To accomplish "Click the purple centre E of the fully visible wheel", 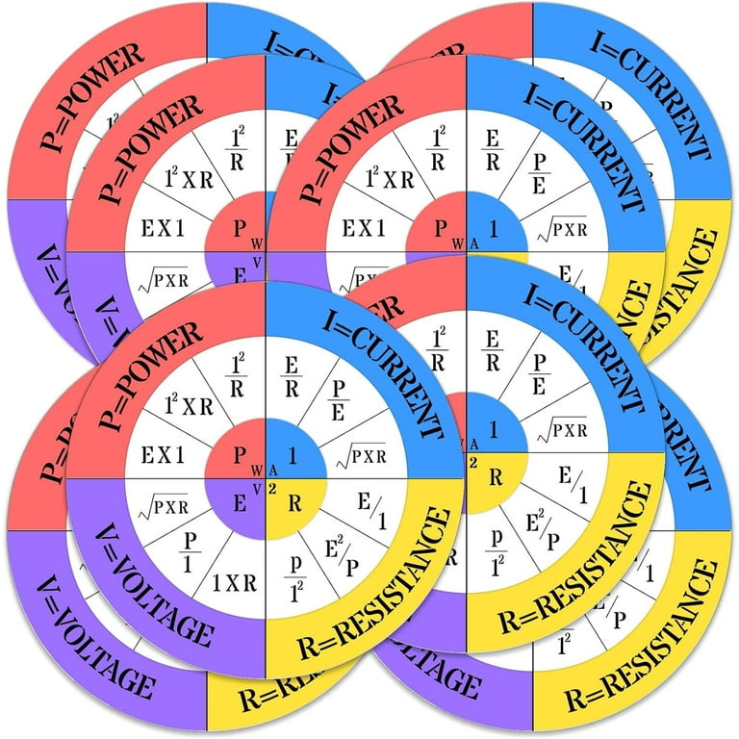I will point(238,500).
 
